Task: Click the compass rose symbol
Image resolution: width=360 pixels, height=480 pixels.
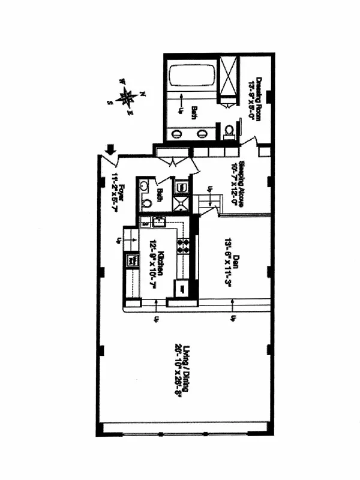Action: click(127, 96)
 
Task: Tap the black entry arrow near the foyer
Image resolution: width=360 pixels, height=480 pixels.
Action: click(111, 149)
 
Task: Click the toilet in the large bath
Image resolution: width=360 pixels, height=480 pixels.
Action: click(229, 131)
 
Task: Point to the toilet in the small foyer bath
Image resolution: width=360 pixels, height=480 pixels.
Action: click(146, 203)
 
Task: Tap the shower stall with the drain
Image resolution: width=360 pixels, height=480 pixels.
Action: click(181, 203)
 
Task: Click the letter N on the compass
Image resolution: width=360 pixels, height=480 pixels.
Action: click(143, 94)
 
